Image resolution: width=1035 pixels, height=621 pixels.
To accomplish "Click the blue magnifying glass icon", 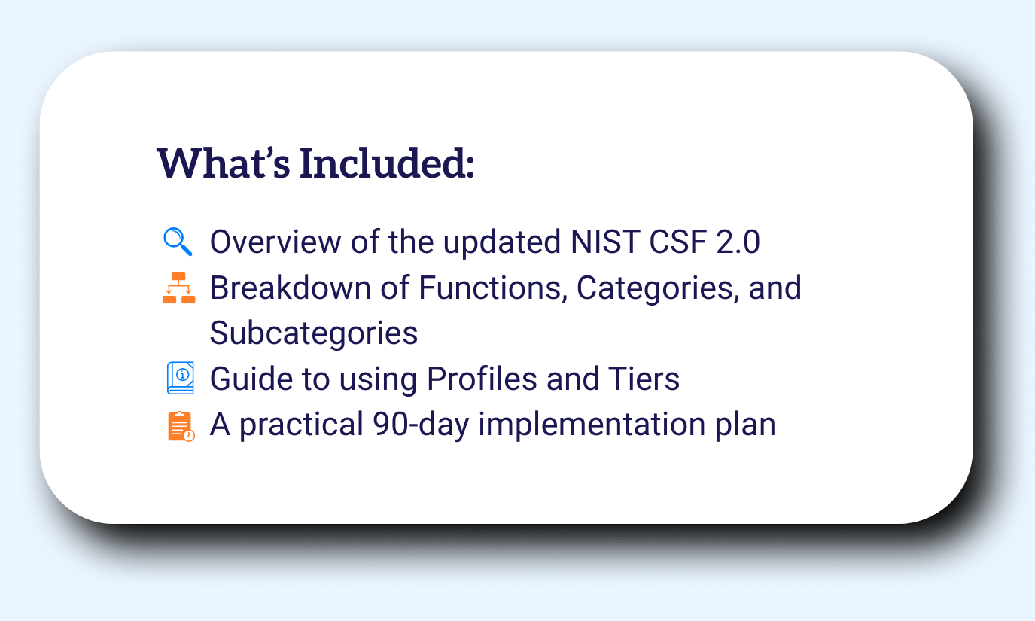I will point(178,242).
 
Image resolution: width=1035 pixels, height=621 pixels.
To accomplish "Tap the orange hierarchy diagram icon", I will point(178,288).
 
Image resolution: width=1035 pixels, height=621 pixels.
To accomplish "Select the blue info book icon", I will point(180,378).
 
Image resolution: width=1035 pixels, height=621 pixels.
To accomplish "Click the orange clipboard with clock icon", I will point(180,425).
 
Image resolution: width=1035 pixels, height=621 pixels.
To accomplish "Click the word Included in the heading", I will point(387,163).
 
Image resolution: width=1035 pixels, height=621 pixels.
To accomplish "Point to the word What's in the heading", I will point(223,163).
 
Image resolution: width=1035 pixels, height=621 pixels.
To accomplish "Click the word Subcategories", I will point(313,333).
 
